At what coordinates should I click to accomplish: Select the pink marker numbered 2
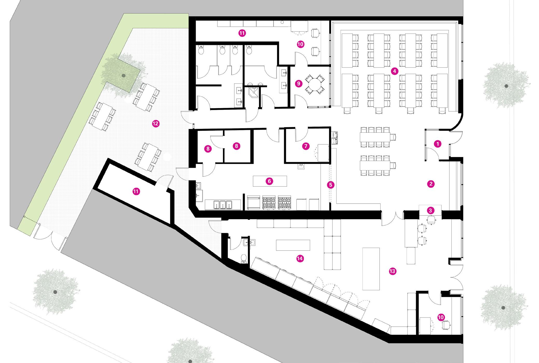[431, 184]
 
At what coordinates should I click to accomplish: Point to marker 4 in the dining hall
[394, 71]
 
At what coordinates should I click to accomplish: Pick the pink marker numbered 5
[331, 185]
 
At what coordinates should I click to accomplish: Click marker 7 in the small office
[306, 146]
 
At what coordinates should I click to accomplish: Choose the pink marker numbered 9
[298, 84]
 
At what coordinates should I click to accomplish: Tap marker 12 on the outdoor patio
[155, 124]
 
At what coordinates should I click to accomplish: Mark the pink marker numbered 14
[300, 259]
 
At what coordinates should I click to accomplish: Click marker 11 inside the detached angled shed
[136, 192]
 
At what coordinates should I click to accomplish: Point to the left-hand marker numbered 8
[208, 149]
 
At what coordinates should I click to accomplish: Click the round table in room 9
[314, 84]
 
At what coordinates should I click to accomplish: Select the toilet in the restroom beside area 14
[244, 259]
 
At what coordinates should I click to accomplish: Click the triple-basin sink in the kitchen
[223, 205]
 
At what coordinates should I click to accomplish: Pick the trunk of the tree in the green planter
[123, 75]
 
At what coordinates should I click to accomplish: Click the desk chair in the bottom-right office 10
[446, 325]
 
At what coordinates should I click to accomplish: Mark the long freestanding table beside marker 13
[371, 269]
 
